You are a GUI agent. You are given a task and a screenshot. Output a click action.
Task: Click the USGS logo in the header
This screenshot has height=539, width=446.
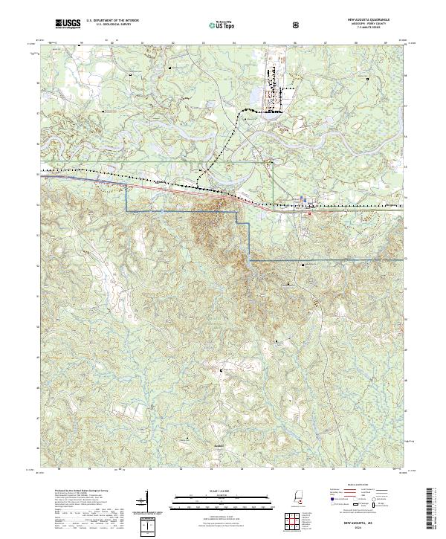click(x=67, y=24)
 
